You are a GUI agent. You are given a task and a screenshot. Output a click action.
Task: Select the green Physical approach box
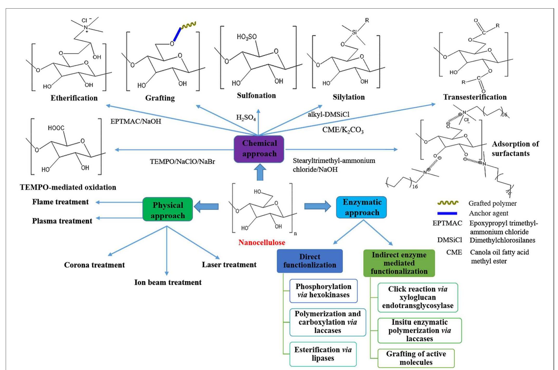click(x=168, y=209)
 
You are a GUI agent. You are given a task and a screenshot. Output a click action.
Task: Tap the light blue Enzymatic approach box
click(x=362, y=207)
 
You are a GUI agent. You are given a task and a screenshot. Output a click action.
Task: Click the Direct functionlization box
click(x=309, y=261)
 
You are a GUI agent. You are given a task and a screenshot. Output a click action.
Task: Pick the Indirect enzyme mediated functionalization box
click(x=399, y=263)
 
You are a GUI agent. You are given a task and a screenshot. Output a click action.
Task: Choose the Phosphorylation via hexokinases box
click(x=323, y=291)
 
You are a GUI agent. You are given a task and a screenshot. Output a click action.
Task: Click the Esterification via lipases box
click(x=323, y=354)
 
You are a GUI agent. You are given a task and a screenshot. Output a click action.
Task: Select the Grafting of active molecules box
click(x=416, y=358)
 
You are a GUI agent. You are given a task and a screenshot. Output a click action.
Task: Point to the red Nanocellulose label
click(x=262, y=242)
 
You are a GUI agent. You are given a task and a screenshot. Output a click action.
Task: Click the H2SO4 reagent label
click(x=246, y=118)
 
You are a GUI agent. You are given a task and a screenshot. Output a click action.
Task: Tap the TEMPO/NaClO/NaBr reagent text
click(x=182, y=161)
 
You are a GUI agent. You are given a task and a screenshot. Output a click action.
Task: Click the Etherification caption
click(x=74, y=98)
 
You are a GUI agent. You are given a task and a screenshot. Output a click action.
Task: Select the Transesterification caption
click(x=475, y=97)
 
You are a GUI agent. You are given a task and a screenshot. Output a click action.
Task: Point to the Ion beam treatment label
click(x=168, y=282)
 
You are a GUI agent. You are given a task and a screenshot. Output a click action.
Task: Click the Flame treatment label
click(x=60, y=202)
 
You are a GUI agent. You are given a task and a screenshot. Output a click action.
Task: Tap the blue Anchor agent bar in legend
click(x=447, y=213)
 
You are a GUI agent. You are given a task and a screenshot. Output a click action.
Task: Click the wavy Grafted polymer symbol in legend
click(x=448, y=203)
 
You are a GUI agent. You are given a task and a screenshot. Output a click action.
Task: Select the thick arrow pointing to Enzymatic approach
click(x=318, y=206)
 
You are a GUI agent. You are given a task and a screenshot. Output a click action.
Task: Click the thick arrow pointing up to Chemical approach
click(x=260, y=172)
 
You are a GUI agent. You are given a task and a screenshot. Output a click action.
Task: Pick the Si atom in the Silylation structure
click(x=354, y=32)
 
